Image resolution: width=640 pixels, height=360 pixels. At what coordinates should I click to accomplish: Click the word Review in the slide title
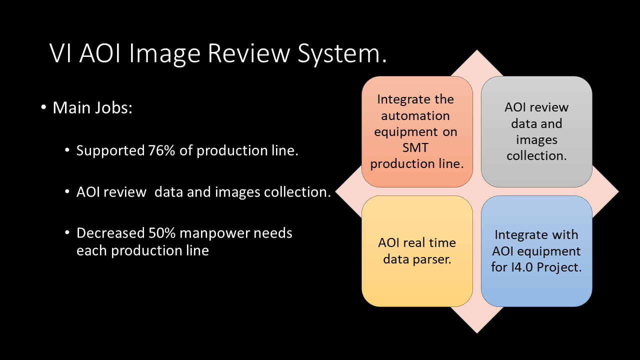click(x=249, y=53)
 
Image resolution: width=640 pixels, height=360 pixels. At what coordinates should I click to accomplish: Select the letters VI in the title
click(x=60, y=53)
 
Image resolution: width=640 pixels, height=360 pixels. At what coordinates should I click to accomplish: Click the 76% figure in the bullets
click(x=161, y=150)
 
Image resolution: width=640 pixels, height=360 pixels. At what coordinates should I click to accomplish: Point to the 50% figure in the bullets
click(x=161, y=233)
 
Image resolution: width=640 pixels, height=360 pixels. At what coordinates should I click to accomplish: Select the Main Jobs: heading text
click(x=92, y=108)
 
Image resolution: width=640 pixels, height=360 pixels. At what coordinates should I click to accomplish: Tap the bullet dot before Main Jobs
click(x=43, y=107)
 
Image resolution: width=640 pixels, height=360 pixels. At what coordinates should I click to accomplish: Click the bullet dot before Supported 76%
click(x=67, y=150)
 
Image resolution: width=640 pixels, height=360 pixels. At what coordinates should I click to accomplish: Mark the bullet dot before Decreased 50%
click(x=67, y=232)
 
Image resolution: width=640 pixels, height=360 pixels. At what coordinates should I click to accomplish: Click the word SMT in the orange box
click(x=415, y=147)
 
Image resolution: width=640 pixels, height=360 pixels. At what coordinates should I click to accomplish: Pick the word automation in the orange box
click(x=415, y=115)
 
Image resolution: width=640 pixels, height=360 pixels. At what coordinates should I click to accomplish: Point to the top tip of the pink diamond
click(x=476, y=50)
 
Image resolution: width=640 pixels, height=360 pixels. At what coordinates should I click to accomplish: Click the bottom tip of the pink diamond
click(x=476, y=333)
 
